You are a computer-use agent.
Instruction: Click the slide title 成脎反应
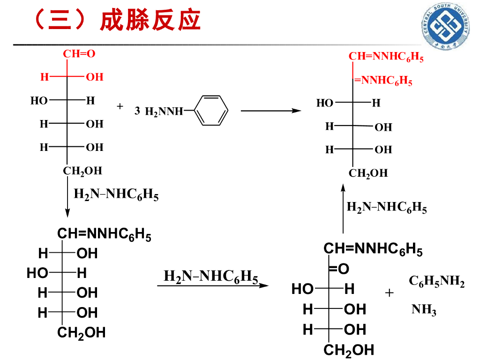(x=150, y=21)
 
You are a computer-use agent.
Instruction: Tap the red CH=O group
(x=79, y=54)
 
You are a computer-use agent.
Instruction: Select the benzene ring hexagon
(x=211, y=111)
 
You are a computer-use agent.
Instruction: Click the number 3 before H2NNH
(x=137, y=111)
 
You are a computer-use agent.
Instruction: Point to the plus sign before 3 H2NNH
(x=120, y=106)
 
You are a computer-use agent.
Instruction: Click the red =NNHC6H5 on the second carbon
(x=383, y=81)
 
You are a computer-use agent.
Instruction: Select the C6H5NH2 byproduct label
(x=436, y=281)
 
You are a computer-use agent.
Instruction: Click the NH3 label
(x=424, y=310)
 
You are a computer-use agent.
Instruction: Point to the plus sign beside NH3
(x=390, y=293)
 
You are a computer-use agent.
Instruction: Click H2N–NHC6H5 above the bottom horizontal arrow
(x=210, y=277)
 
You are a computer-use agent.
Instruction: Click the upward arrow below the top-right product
(x=343, y=209)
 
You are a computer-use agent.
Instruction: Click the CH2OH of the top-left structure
(x=82, y=171)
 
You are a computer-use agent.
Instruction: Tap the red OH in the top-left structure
(x=94, y=77)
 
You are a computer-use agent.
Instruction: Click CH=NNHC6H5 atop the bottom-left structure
(x=104, y=234)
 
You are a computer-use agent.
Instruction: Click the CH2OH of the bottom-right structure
(x=349, y=350)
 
